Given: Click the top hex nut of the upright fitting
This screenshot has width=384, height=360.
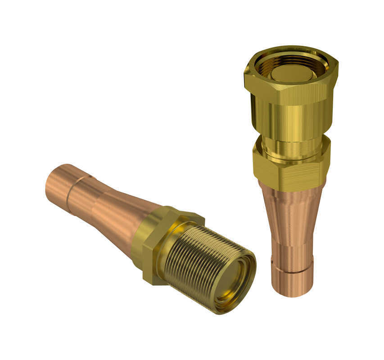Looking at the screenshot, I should point(290,90).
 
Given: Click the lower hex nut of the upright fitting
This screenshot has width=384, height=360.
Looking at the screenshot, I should point(290,171).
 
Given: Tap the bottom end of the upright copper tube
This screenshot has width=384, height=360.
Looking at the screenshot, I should point(293,288).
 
